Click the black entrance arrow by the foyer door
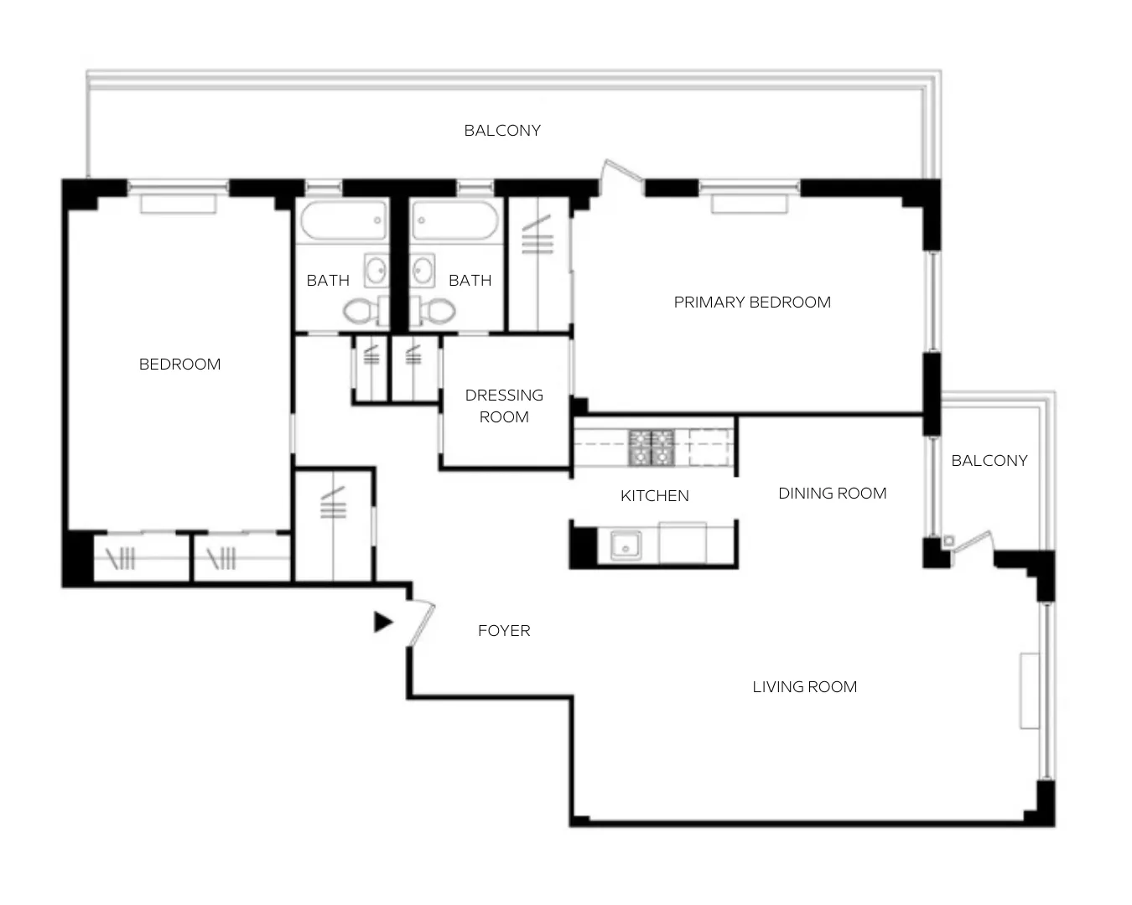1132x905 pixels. (382, 622)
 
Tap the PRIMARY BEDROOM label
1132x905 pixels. (752, 302)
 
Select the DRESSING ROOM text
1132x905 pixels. (504, 406)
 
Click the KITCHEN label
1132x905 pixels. (654, 495)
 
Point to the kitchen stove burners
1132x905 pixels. (652, 447)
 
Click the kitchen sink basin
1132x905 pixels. (625, 546)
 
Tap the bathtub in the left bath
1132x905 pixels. (344, 221)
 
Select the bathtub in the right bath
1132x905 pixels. (455, 221)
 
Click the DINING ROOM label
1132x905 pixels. (832, 493)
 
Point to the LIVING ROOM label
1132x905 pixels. (804, 686)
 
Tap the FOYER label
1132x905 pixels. (503, 630)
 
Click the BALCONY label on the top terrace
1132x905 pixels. (502, 130)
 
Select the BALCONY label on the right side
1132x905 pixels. (989, 460)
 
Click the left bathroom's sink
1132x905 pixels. (376, 271)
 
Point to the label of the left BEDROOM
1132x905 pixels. (179, 364)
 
